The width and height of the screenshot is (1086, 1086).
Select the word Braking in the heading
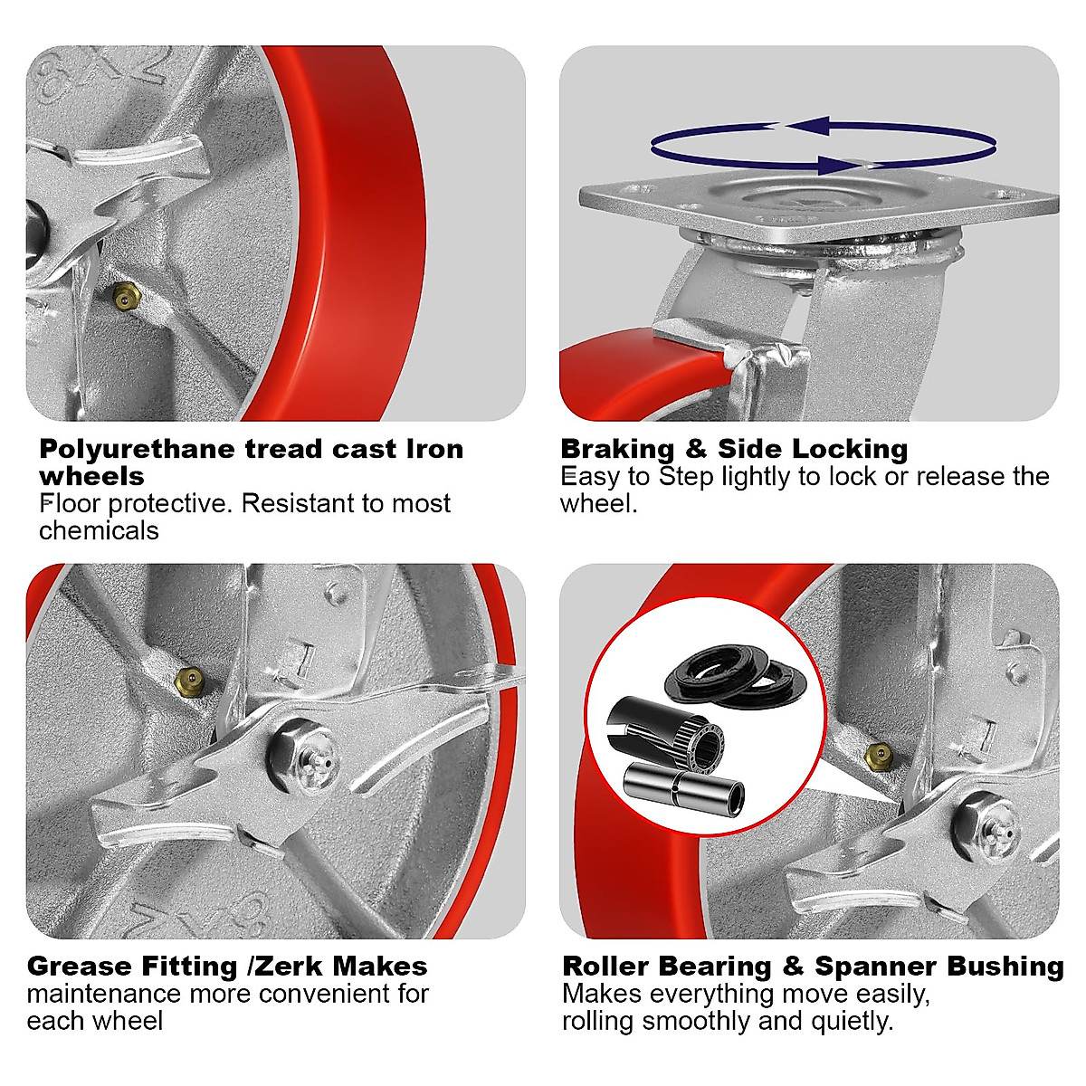tap(617, 449)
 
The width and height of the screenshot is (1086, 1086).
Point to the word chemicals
tap(99, 530)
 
